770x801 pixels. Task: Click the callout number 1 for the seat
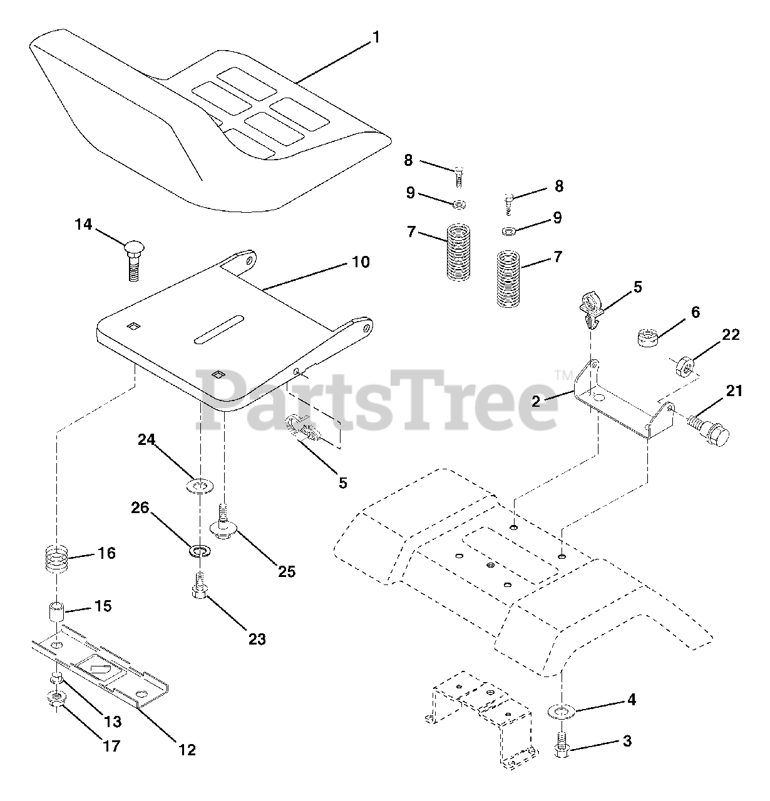pos(376,38)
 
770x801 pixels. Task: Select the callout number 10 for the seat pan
pos(361,262)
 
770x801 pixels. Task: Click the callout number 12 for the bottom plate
pos(187,750)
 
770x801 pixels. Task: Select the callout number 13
pos(113,722)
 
